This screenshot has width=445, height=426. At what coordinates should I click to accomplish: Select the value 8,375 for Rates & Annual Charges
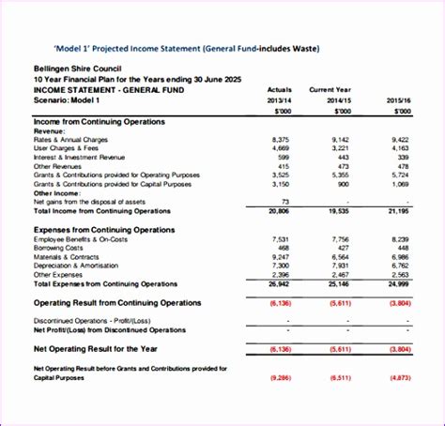280,140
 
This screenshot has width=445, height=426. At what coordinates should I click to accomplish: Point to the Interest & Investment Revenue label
79,157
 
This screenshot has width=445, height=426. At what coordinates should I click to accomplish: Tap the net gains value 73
285,202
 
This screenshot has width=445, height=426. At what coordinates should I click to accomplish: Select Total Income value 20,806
279,211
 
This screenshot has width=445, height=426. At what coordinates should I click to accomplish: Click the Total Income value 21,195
398,211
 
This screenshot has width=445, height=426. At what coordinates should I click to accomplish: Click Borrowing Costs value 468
283,248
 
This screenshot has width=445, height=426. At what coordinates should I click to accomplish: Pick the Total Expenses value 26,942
279,282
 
